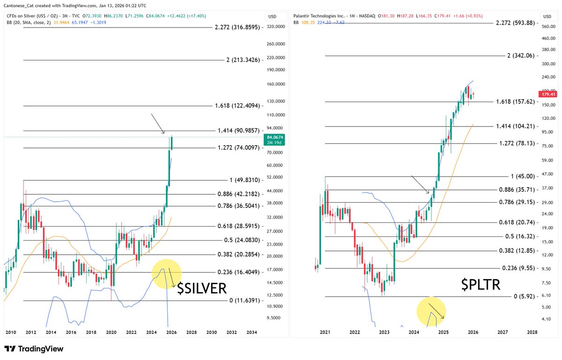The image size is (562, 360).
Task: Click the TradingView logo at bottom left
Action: [x=34, y=349]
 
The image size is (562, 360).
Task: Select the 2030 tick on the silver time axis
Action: [x=212, y=332]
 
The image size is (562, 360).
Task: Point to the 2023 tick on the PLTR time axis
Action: [x=384, y=332]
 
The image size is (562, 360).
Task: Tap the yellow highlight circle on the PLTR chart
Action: [x=431, y=311]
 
